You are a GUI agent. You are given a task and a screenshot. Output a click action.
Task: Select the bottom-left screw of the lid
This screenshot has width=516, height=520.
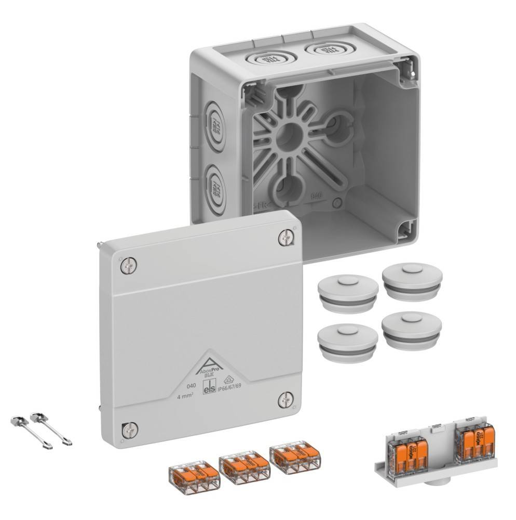coord(130,429)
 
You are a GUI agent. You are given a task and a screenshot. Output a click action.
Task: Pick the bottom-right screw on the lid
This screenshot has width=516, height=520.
coord(285,399)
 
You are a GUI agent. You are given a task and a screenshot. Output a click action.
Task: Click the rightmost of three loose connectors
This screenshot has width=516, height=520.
coord(294,456)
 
